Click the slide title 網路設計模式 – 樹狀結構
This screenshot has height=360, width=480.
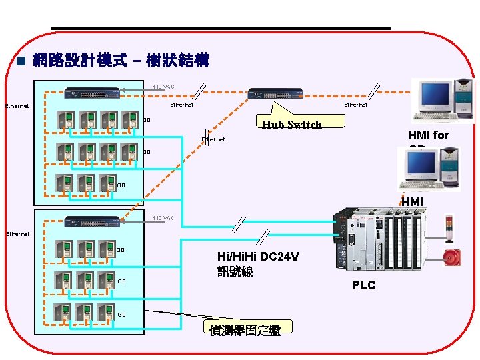[x=121, y=62]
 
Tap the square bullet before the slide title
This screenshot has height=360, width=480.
[x=20, y=62]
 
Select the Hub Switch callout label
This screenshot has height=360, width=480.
[x=292, y=124]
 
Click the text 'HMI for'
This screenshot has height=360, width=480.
[x=429, y=135]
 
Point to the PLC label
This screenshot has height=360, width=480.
[x=363, y=285]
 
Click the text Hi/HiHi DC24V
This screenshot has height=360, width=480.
[x=258, y=257]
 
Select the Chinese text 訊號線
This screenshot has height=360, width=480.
[x=235, y=272]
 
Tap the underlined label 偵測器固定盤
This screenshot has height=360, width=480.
[x=245, y=330]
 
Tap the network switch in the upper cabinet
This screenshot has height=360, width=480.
[x=93, y=93]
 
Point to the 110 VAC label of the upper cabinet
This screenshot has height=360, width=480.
[x=163, y=87]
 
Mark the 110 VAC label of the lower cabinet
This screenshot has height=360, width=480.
[x=163, y=218]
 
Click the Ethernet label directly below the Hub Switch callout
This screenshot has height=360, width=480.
[x=213, y=140]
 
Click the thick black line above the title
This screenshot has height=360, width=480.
[x=220, y=28]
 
